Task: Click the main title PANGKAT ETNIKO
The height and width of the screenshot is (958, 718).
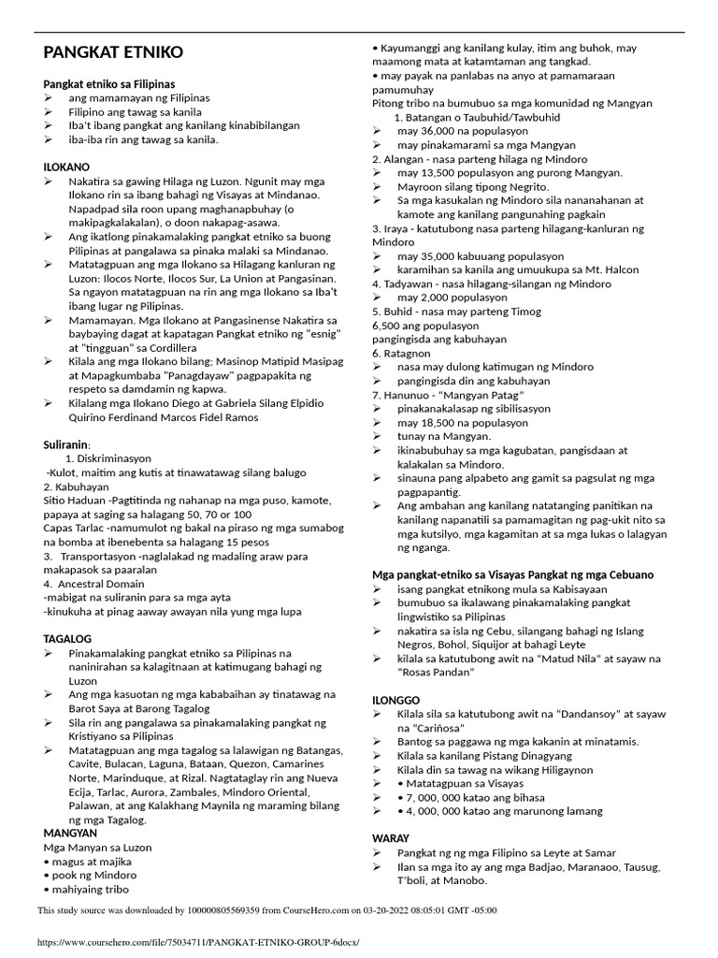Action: click(x=114, y=52)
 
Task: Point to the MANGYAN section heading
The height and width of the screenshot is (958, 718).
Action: click(x=71, y=832)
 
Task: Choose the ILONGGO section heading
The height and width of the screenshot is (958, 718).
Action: click(x=396, y=699)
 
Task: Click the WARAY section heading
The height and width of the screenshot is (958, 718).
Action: click(x=392, y=838)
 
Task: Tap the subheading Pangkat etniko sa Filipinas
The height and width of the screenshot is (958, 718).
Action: click(x=109, y=83)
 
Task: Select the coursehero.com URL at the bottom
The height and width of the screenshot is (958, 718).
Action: click(x=198, y=942)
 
